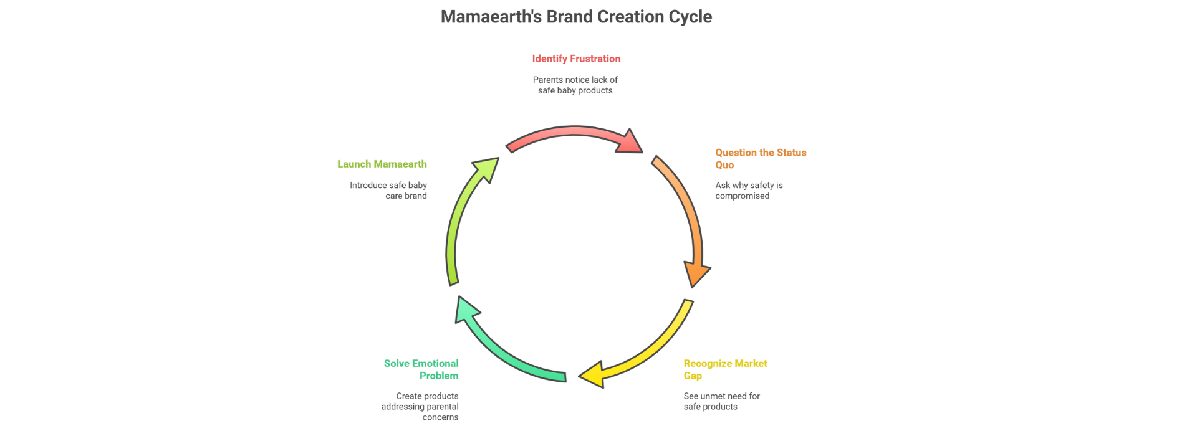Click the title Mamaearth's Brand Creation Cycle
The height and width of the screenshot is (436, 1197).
[x=576, y=17]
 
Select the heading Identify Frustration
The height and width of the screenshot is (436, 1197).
[x=576, y=59]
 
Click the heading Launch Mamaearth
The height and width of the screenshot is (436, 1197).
[x=382, y=164]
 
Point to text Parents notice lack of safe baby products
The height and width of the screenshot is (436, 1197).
[x=575, y=85]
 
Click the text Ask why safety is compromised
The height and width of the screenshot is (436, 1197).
[x=748, y=191]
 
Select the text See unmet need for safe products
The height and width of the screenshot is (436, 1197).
[x=721, y=401]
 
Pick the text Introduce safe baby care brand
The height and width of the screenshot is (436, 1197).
[x=389, y=191]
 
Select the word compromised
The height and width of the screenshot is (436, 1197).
[x=742, y=196]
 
